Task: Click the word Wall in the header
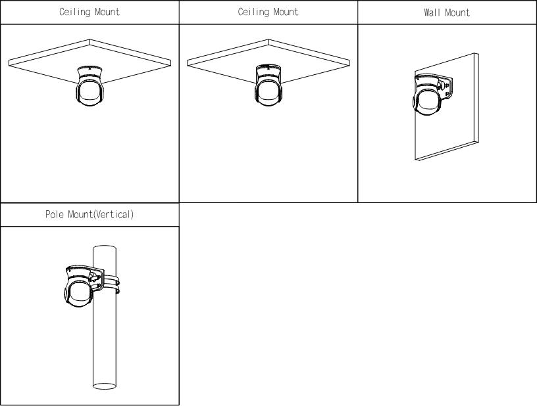tap(433, 12)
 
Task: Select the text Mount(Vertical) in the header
tap(101, 214)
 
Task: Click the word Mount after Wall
tap(457, 12)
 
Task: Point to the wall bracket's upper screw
tap(446, 85)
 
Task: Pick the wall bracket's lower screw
tap(447, 93)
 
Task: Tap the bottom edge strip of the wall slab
tap(447, 150)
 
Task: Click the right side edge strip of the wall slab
tap(476, 97)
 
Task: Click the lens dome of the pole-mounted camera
tap(78, 293)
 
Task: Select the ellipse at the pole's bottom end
tap(105, 386)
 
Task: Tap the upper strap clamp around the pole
tap(112, 279)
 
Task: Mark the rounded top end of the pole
tap(105, 247)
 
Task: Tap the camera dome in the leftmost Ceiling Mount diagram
tap(89, 91)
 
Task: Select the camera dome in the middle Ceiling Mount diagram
tap(268, 91)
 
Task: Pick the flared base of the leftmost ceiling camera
tap(89, 72)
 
